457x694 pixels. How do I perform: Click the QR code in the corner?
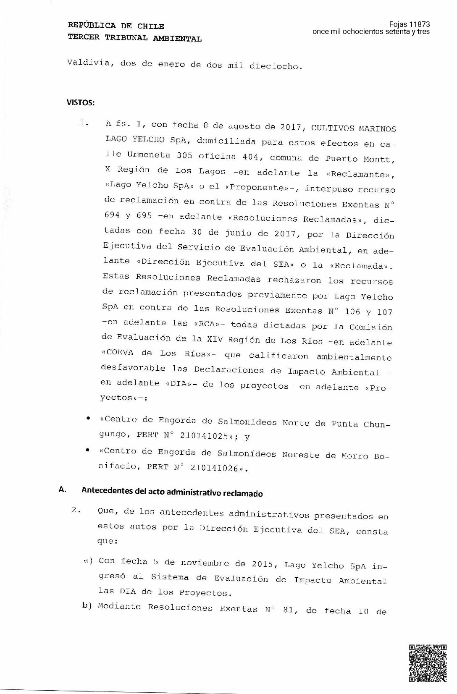[428, 662]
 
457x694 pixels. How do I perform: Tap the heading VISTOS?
[80, 102]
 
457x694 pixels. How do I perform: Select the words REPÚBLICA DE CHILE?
[116, 26]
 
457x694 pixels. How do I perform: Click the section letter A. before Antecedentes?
[63, 490]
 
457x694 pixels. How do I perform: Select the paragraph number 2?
[76, 510]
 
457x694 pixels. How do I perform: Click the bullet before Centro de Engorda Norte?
[88, 419]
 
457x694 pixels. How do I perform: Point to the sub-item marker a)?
[88, 561]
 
